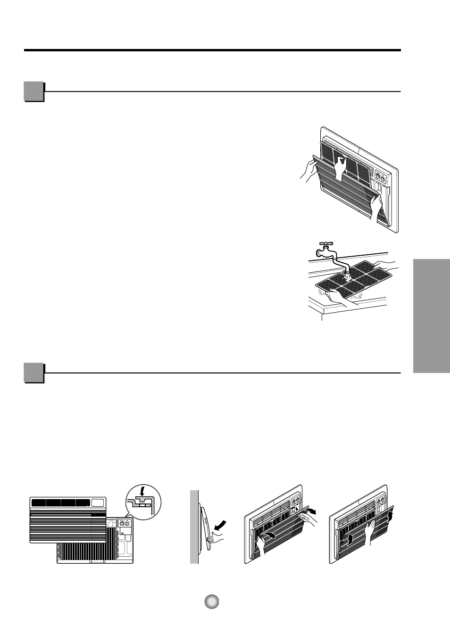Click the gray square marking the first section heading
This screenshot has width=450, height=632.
[x=33, y=91]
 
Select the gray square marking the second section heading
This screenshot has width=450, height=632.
[x=33, y=373]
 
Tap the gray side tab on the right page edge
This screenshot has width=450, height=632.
[x=431, y=316]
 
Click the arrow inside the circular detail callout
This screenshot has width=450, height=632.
[x=142, y=491]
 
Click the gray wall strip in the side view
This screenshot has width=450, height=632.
[x=194, y=527]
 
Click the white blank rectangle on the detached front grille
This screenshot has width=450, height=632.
[x=98, y=502]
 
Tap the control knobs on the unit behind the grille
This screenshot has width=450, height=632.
[x=125, y=523]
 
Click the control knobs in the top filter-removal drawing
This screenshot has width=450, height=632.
[x=380, y=178]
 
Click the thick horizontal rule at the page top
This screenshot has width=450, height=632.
[x=212, y=50]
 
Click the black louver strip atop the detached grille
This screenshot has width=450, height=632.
[x=60, y=502]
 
